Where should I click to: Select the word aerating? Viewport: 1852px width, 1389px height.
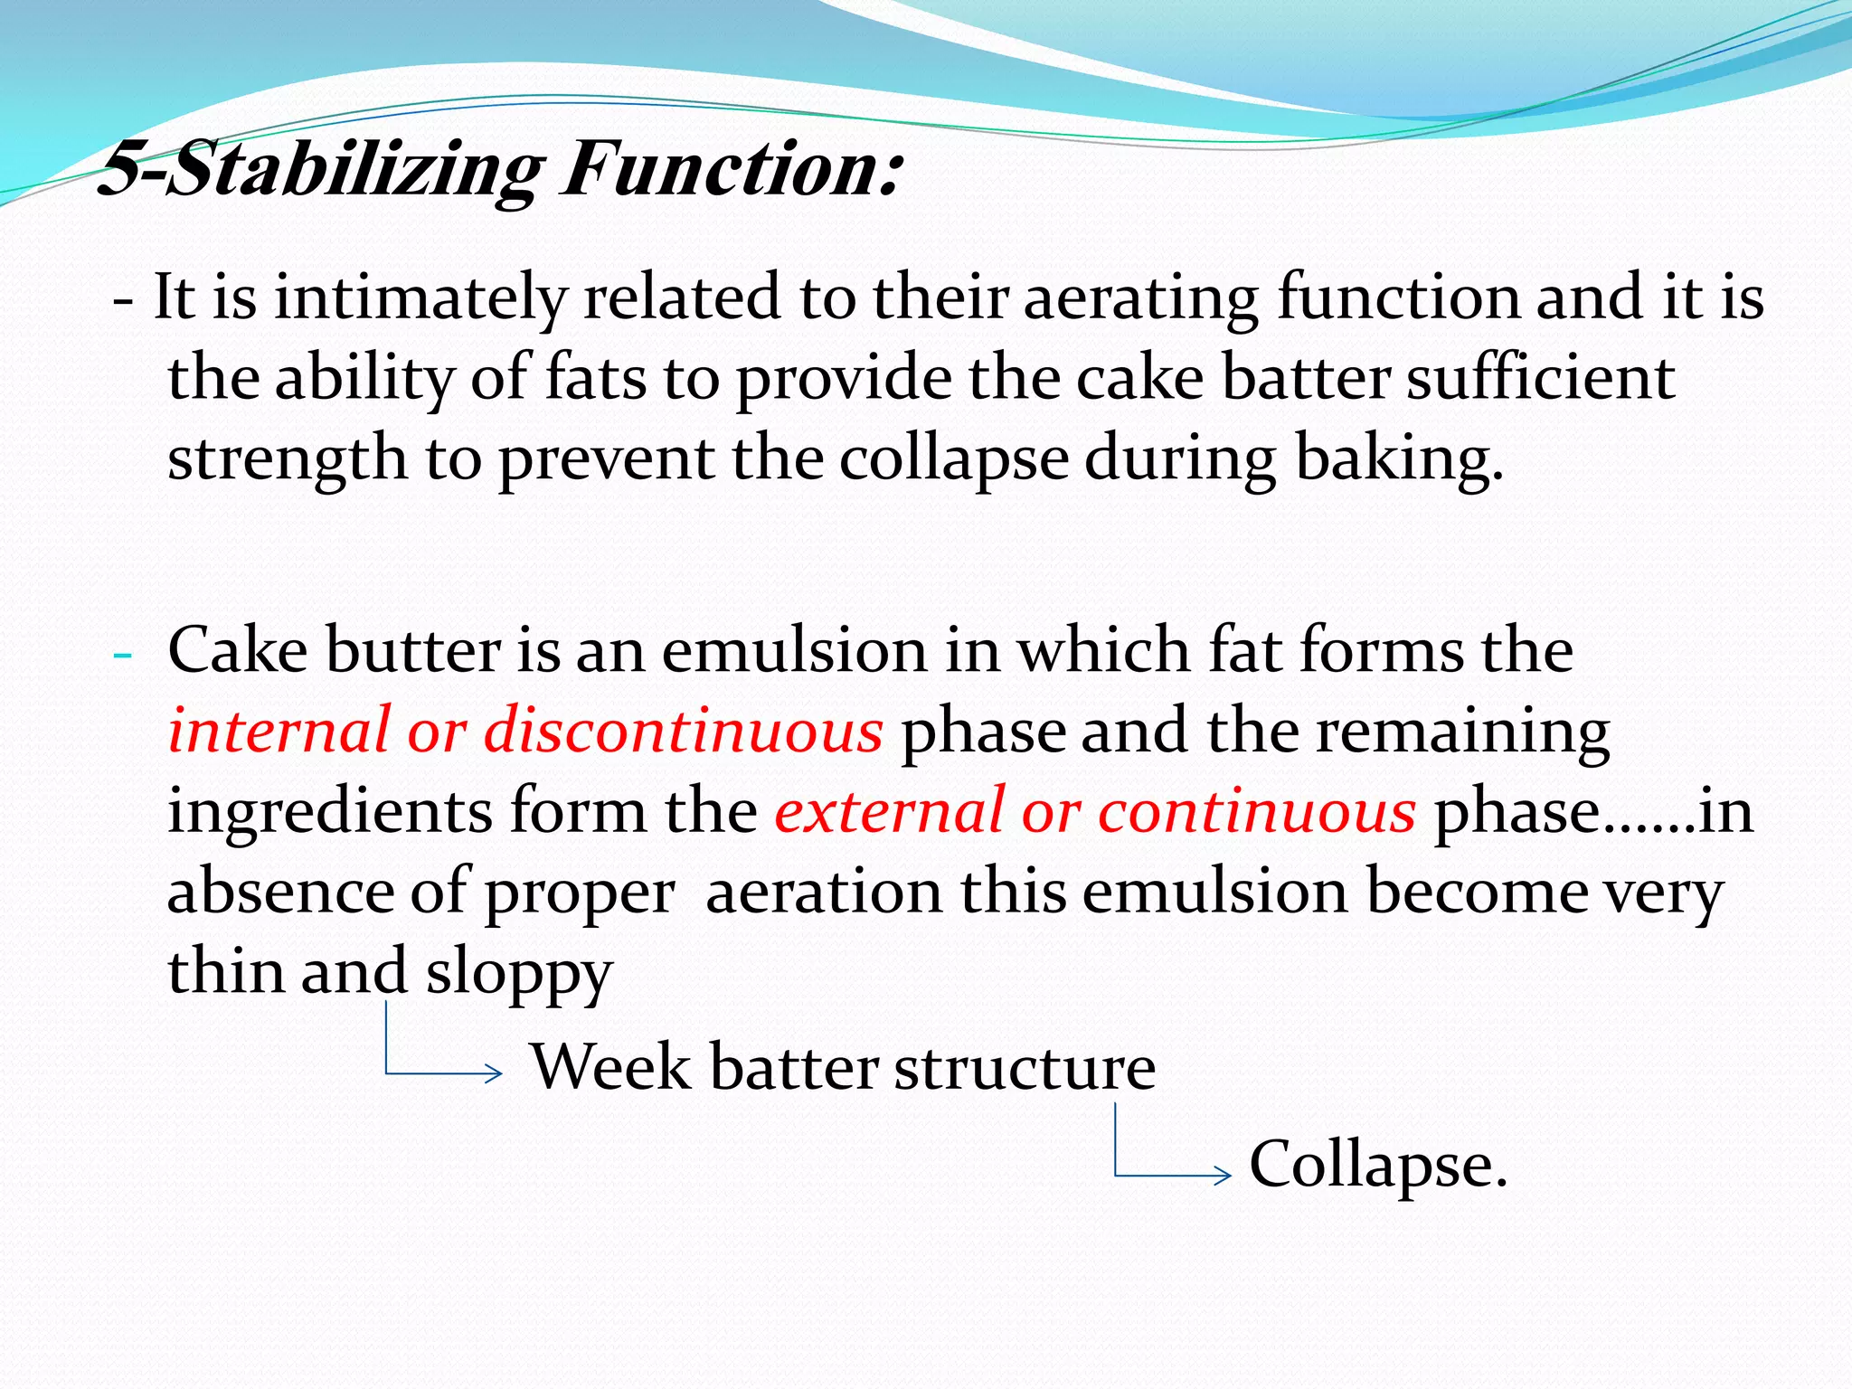click(x=1140, y=299)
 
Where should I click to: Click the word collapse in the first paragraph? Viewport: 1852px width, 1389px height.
click(x=953, y=458)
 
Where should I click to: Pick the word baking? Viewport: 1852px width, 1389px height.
click(x=1399, y=458)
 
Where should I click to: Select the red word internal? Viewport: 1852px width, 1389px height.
click(x=279, y=731)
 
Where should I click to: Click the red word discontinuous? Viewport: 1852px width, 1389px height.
click(x=683, y=731)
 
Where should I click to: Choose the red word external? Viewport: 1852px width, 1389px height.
click(x=890, y=811)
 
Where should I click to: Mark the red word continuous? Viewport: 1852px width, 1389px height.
click(x=1256, y=811)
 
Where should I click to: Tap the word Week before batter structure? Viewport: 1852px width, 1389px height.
click(x=610, y=1067)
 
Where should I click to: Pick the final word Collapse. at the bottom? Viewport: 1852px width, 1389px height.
click(x=1377, y=1166)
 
